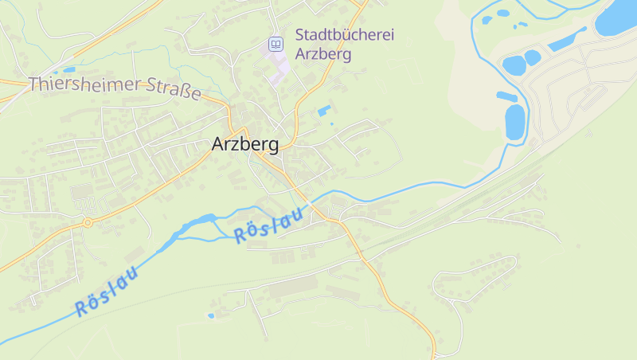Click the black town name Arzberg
(245, 144)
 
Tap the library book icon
(276, 45)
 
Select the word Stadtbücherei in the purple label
(345, 35)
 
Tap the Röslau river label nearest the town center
(270, 225)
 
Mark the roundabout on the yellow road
(88, 223)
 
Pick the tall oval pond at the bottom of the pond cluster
(515, 122)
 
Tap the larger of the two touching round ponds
(514, 64)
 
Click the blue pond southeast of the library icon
(324, 111)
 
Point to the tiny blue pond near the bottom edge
(211, 315)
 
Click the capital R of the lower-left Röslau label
(81, 308)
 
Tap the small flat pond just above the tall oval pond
(507, 97)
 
